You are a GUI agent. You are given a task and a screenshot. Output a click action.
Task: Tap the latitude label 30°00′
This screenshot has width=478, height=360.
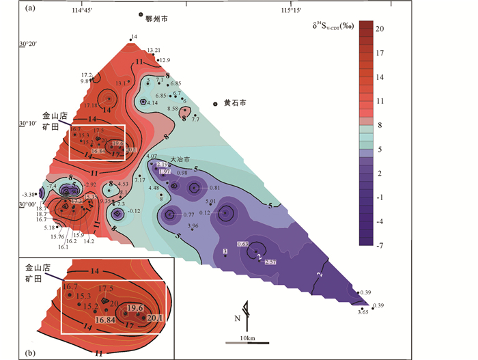[29, 204]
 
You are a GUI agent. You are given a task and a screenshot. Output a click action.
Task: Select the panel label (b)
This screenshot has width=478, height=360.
[29, 352]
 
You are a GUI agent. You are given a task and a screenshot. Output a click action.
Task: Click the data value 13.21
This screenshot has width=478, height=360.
[154, 51]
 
